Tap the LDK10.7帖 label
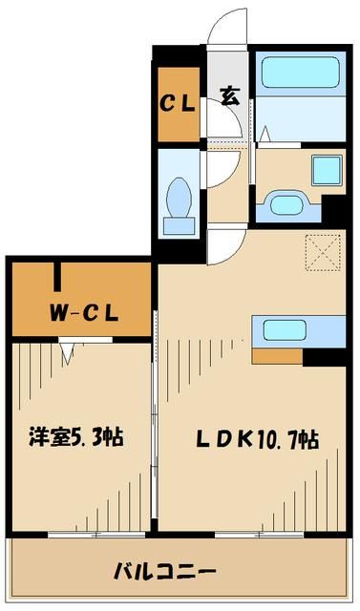point(257,440)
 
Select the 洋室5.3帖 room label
point(74,439)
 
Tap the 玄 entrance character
point(230,95)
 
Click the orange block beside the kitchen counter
point(278,357)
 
